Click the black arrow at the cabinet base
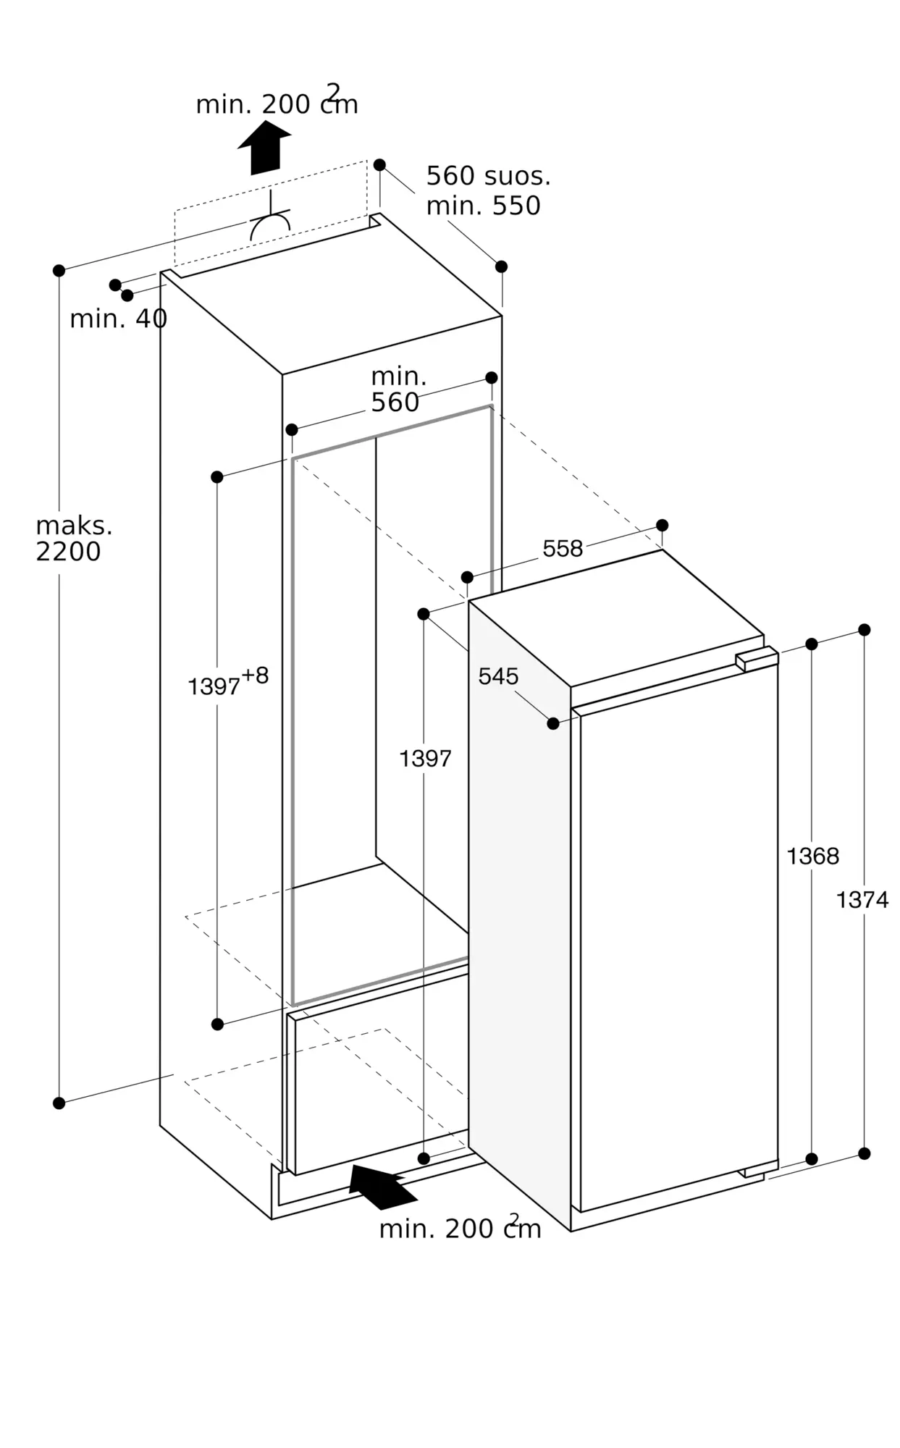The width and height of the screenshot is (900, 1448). click(x=381, y=1187)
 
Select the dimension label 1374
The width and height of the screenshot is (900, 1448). click(x=862, y=900)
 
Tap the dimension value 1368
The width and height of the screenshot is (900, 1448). click(x=812, y=856)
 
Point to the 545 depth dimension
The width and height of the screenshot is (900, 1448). click(x=498, y=676)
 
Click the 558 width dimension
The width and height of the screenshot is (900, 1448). click(x=563, y=549)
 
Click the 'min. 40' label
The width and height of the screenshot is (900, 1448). click(x=118, y=319)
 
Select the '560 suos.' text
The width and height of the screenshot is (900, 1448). click(x=488, y=176)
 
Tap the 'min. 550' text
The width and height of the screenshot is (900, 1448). click(x=483, y=206)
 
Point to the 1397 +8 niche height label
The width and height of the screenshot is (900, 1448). click(x=227, y=682)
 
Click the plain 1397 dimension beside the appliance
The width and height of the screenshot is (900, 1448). click(x=425, y=759)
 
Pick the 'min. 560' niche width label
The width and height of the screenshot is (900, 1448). click(x=397, y=390)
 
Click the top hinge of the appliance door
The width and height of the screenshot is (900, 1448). click(x=756, y=658)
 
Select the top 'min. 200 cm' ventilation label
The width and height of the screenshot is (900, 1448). click(x=277, y=104)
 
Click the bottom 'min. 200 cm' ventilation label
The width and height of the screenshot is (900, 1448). click(x=460, y=1229)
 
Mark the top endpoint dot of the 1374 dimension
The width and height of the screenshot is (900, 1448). click(x=864, y=630)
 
